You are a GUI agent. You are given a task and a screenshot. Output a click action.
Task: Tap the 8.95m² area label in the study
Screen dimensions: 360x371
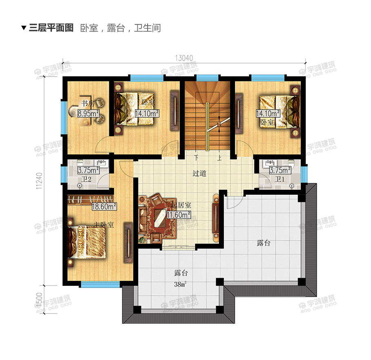pos(89,114)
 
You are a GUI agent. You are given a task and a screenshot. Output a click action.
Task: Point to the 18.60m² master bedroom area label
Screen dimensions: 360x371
pos(104,206)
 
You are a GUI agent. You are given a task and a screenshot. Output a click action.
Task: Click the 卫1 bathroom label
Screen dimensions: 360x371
pos(279,179)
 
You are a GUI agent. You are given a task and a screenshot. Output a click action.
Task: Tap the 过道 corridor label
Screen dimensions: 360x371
pos(199,173)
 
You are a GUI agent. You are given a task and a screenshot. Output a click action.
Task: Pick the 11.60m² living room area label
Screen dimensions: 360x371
pos(179,214)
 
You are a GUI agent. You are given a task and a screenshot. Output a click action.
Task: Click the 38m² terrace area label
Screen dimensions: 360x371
pos(180,285)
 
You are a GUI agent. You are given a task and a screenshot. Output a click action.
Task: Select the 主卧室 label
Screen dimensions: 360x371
pos(104,224)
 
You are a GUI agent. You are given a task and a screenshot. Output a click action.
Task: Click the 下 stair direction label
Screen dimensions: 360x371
pos(197,158)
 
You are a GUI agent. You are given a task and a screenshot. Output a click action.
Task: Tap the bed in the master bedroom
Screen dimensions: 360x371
pos(88,243)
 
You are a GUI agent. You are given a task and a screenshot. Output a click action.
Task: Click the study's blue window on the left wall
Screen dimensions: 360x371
pos(64,117)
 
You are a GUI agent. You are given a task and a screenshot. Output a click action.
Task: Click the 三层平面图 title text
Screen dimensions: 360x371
pos(51,28)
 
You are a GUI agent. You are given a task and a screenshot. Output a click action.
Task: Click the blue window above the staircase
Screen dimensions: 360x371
pos(208,77)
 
